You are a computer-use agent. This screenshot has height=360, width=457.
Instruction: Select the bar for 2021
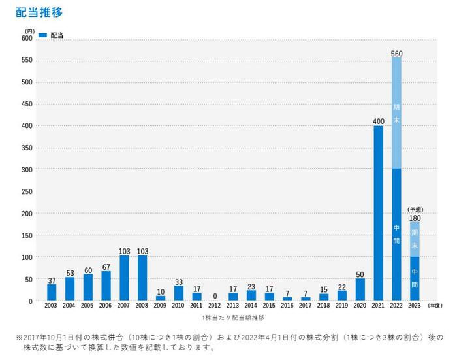378,213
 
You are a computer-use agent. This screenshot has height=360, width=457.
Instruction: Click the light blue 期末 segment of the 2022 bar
396,112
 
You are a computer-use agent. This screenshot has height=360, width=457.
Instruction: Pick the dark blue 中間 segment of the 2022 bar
396,234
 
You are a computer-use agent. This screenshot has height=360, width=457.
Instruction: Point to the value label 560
396,52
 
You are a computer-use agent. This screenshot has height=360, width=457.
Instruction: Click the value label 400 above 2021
378,121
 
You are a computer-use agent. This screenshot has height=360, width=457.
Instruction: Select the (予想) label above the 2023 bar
415,209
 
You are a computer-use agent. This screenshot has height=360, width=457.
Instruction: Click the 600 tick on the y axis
27,38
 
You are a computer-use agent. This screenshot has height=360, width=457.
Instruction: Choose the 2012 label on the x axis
215,305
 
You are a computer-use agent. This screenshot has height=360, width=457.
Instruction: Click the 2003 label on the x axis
52,305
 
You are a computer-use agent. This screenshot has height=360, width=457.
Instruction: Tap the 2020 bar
360,289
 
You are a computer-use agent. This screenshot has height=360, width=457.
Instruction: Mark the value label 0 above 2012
215,296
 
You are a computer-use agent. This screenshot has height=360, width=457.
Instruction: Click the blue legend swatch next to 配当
42,35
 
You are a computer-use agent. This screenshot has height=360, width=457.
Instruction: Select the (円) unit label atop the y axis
29,31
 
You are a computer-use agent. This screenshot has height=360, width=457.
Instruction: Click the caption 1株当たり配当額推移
233,317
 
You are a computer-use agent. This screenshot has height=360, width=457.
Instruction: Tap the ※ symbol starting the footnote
20,338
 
